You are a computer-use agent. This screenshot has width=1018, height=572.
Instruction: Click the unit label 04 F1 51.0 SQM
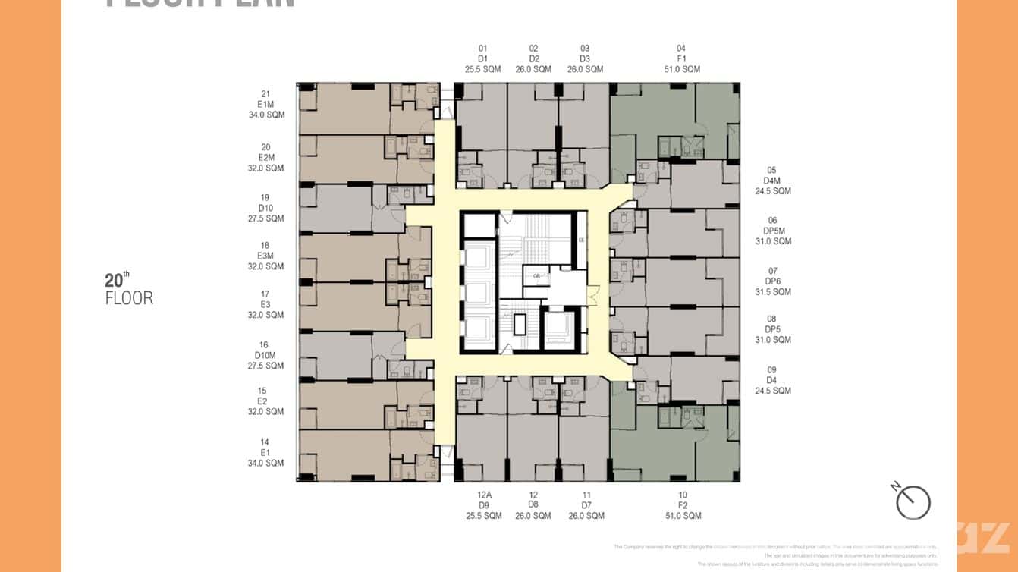click(x=681, y=58)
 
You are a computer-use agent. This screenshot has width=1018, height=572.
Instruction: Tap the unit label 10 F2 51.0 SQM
click(x=683, y=505)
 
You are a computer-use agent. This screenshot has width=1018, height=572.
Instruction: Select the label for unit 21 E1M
click(x=265, y=105)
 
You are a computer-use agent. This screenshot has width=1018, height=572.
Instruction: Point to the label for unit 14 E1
click(x=265, y=452)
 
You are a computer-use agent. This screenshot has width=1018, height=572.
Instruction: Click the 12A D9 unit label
click(x=483, y=505)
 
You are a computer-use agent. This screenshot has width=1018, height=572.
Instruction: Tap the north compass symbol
click(x=913, y=501)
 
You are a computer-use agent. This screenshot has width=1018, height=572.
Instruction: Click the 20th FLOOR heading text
click(x=129, y=289)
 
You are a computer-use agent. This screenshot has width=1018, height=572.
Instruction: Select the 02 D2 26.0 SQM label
click(x=534, y=58)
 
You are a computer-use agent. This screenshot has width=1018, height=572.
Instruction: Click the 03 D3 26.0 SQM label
click(x=585, y=58)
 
